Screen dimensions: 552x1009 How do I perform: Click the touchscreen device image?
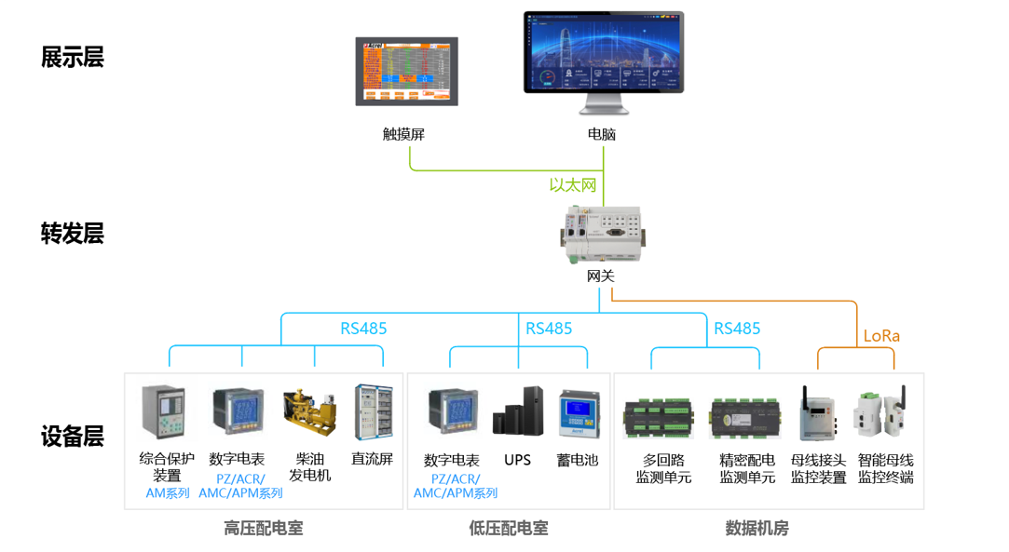[407, 72]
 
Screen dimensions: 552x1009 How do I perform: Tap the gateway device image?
[601, 236]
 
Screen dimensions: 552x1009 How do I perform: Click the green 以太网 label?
[572, 185]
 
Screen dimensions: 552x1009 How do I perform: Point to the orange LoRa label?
[881, 336]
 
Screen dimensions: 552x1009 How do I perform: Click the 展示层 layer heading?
[72, 58]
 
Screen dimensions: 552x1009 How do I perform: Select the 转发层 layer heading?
[72, 234]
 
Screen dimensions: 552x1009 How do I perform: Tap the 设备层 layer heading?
[72, 437]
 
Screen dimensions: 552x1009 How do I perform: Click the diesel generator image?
[308, 413]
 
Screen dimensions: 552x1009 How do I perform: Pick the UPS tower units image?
[517, 413]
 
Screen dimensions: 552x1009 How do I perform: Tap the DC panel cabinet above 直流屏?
[373, 412]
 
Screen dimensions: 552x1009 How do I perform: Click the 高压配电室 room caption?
[263, 529]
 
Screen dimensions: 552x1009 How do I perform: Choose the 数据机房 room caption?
[757, 529]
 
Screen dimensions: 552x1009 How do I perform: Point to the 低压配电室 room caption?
[508, 529]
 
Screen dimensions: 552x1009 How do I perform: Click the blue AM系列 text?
[167, 493]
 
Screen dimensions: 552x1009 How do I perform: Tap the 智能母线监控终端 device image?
[879, 414]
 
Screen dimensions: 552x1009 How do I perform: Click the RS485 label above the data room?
[737, 329]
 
